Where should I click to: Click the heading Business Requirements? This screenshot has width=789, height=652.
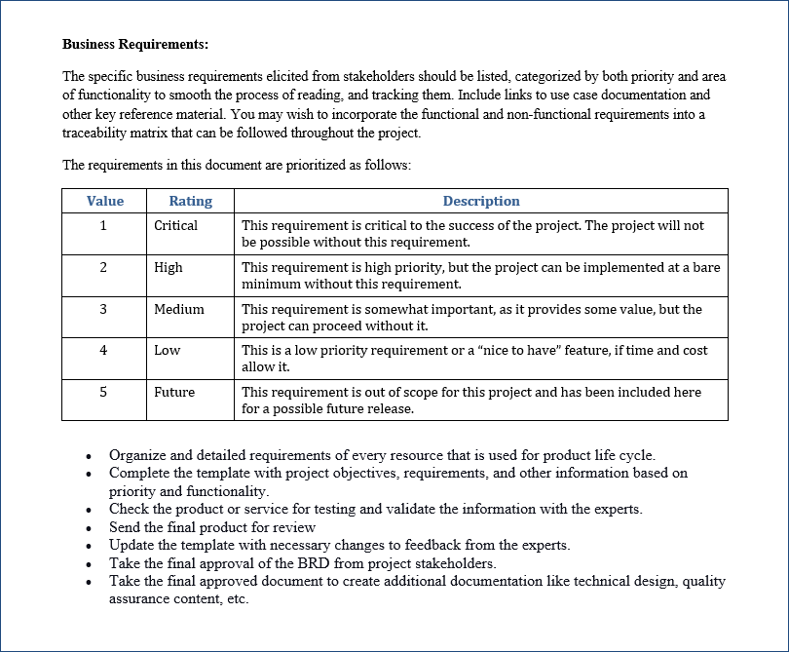[x=135, y=44]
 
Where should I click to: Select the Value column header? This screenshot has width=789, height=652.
[x=104, y=201]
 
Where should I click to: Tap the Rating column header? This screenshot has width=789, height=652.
[x=190, y=201]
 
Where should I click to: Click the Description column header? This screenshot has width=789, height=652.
[x=481, y=201]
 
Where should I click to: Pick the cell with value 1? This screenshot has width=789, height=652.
[x=104, y=225]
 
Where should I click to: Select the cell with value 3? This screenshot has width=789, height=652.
[x=104, y=309]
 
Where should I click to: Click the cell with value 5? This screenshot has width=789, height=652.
[x=104, y=392]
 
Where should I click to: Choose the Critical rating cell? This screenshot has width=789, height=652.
[x=175, y=225]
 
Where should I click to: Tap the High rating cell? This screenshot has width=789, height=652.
[x=168, y=267]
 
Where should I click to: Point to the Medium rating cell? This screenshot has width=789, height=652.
[x=178, y=309]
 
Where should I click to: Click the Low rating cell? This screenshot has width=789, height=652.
[x=167, y=350]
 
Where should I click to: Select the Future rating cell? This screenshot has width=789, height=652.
[x=173, y=392]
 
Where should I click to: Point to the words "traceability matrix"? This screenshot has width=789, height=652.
[x=117, y=133]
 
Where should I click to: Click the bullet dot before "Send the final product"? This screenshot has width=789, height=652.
[x=89, y=528]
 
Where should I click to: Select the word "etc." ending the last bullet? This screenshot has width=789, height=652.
[x=236, y=598]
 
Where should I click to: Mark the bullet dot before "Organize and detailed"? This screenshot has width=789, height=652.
[x=89, y=456]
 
